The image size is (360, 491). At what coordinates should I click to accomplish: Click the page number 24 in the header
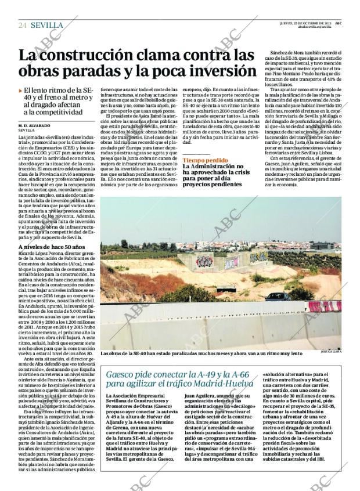coord(22,26)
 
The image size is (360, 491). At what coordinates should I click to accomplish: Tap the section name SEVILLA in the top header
coord(47,26)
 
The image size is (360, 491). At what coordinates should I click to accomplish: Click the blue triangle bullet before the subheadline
coord(20,92)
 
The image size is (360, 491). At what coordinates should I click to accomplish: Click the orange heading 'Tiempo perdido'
coord(205,160)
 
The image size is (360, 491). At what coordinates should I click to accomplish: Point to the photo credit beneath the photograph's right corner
coord(332,352)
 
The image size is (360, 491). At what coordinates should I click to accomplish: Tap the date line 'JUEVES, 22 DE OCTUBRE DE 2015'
coord(305,23)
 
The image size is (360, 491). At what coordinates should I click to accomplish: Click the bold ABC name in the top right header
coord(337,23)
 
